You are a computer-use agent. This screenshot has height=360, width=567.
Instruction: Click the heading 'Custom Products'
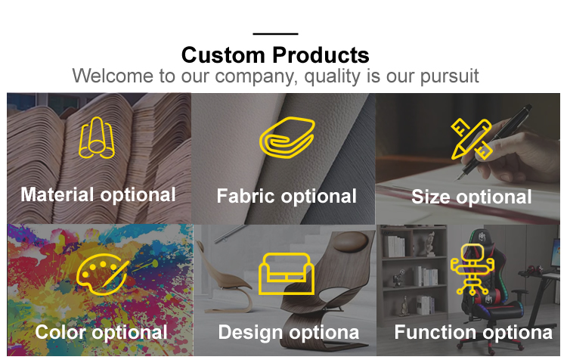[x=275, y=55]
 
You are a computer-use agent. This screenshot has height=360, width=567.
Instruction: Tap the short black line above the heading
[x=275, y=34]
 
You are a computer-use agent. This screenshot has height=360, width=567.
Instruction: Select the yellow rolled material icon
[x=97, y=138]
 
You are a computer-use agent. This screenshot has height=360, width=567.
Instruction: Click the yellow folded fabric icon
[x=287, y=138]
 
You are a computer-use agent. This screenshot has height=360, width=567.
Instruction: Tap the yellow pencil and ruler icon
[x=472, y=139]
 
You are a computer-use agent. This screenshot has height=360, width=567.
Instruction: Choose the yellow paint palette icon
[x=102, y=275]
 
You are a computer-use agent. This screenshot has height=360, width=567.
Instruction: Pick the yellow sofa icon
[x=287, y=274]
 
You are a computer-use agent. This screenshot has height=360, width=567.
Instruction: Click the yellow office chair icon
[x=472, y=268]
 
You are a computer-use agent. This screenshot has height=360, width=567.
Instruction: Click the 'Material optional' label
[x=98, y=195]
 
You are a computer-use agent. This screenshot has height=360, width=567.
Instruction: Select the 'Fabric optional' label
[x=287, y=197]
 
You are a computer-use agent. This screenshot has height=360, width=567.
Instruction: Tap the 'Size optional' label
[x=472, y=197]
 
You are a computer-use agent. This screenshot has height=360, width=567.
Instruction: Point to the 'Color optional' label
[x=101, y=332]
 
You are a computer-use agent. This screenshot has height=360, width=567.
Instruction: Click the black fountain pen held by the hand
[x=495, y=141]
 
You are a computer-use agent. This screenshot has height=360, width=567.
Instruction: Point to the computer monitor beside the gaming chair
[x=554, y=253]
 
